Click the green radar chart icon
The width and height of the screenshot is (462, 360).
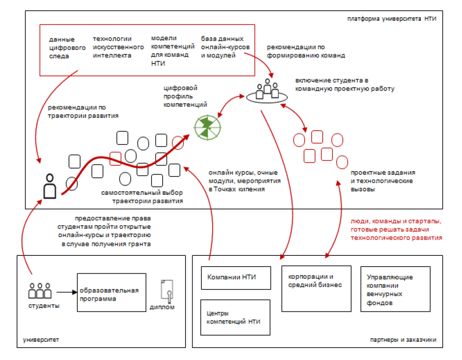click(x=208, y=128)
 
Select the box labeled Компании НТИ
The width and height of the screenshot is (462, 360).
click(x=236, y=278)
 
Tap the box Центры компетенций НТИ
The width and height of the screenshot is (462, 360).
click(x=235, y=317)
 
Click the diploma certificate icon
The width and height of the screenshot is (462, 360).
click(x=167, y=291)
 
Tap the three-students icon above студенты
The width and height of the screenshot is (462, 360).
click(x=40, y=291)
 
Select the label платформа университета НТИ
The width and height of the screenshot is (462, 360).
click(x=392, y=19)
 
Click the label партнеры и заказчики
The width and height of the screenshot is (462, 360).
click(x=403, y=340)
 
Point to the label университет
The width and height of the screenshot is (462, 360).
click(x=41, y=340)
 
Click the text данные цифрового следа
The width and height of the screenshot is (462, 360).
click(x=67, y=48)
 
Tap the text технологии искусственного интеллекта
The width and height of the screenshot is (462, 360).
click(x=118, y=47)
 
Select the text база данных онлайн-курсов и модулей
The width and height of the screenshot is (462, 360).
click(x=225, y=47)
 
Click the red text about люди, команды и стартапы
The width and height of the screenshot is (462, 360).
click(x=396, y=230)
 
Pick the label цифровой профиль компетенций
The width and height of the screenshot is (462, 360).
click(x=185, y=96)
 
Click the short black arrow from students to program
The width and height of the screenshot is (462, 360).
click(x=67, y=292)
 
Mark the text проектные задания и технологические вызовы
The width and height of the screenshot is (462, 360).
click(x=383, y=181)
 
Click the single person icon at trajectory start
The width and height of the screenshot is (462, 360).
click(x=50, y=186)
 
